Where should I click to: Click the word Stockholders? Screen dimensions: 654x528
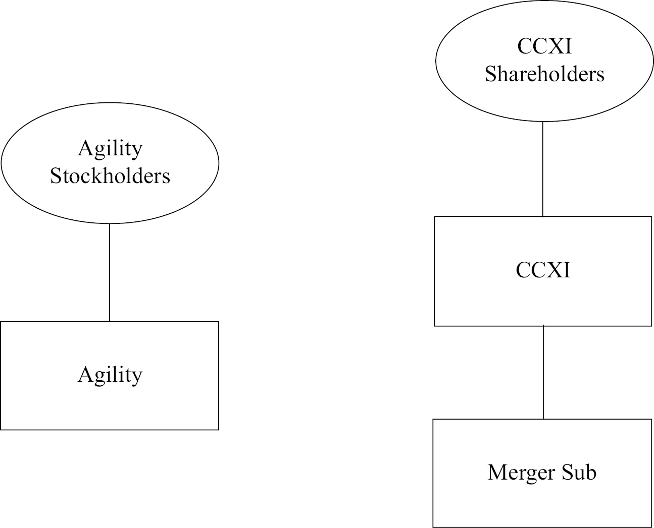pyautogui.click(x=110, y=176)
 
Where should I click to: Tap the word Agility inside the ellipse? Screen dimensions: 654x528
pyautogui.click(x=110, y=149)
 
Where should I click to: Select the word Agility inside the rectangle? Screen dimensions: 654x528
pyautogui.click(x=110, y=375)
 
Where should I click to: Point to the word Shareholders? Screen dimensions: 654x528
pyautogui.click(x=544, y=74)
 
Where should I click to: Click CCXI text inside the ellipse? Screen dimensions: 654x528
pyautogui.click(x=544, y=46)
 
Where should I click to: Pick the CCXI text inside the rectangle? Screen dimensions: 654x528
pyautogui.click(x=543, y=270)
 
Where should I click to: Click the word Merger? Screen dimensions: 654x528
pyautogui.click(x=521, y=473)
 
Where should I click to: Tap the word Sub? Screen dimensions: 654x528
pyautogui.click(x=579, y=473)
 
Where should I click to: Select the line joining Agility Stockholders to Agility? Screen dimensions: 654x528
pyautogui.click(x=110, y=272)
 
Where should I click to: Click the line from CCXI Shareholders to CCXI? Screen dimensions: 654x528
pyautogui.click(x=542, y=169)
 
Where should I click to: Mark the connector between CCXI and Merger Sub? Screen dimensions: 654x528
pyautogui.click(x=543, y=372)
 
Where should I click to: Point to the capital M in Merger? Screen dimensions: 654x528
pyautogui.click(x=496, y=473)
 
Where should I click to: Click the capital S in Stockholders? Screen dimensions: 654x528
pyautogui.click(x=56, y=177)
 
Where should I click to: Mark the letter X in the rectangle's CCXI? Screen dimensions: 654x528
pyautogui.click(x=555, y=270)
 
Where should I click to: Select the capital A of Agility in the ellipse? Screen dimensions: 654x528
pyautogui.click(x=85, y=148)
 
